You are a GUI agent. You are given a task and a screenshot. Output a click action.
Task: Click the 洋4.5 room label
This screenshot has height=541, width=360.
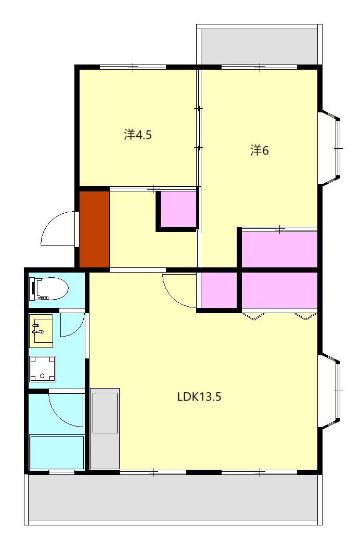coord(138,134)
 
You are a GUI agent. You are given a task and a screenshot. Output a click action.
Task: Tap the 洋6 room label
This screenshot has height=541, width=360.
coord(260,150)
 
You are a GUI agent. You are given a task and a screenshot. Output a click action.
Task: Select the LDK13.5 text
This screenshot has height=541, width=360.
coord(199,397)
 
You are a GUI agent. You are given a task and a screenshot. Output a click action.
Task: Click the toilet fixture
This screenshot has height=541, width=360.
coord(49,288)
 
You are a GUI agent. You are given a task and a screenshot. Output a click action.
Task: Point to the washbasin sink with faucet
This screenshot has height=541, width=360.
coord(41,330)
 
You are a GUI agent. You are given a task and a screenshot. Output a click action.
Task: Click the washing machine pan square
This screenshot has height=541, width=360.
coord(43,368)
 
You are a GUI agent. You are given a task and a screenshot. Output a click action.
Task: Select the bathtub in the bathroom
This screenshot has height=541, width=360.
coord(57,452)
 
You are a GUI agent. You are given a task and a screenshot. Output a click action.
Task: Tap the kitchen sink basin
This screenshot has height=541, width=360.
coord(105,413)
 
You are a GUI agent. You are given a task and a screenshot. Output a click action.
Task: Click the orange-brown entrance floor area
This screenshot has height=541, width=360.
coord(95,229)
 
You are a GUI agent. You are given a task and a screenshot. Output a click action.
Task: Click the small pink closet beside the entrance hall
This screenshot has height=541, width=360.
coord(178,210)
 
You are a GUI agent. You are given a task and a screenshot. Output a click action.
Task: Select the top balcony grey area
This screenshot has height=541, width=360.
coord(259,46)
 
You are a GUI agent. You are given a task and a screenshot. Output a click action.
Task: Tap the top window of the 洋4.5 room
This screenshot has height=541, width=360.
coord(133,67)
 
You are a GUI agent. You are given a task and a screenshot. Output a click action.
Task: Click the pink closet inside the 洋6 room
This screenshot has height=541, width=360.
coord(279,248)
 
